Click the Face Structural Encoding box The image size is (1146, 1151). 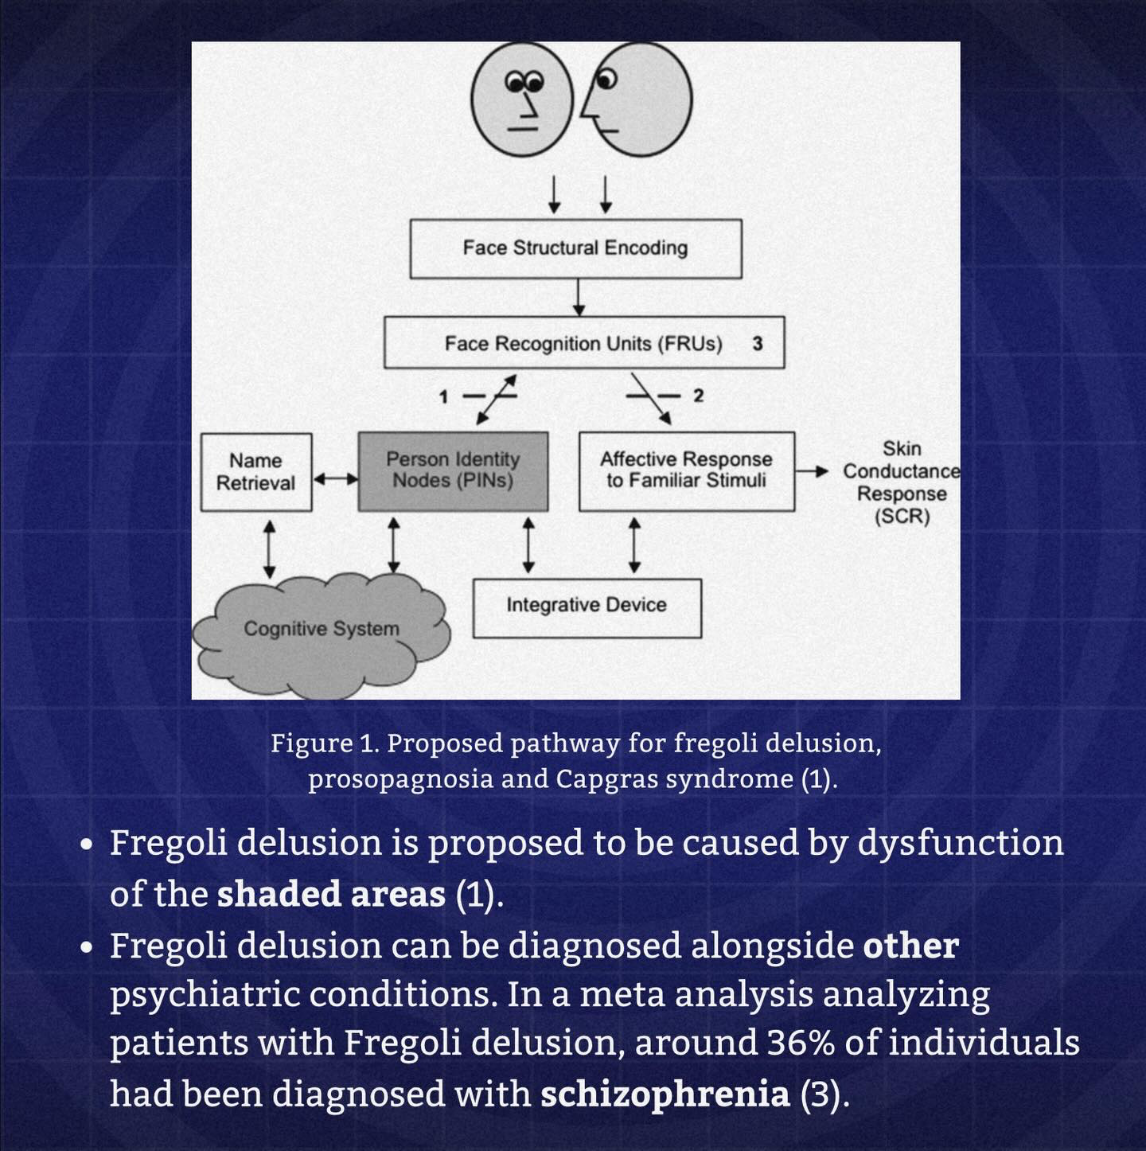point(575,248)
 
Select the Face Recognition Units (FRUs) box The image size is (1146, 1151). point(583,343)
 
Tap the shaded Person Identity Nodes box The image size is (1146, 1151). point(453,470)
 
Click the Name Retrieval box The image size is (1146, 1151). point(255,471)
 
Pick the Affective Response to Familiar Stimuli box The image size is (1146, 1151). point(686,470)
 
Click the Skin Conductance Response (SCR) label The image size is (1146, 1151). point(901,482)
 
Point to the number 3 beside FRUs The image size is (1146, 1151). point(758,344)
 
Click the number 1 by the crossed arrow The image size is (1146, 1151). point(444,396)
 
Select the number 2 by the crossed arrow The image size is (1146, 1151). point(698,396)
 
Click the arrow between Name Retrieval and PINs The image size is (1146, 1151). point(335,479)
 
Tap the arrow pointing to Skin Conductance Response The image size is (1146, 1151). point(813,471)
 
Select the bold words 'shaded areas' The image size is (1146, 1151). point(331,894)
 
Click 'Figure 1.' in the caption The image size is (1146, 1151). point(322,743)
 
